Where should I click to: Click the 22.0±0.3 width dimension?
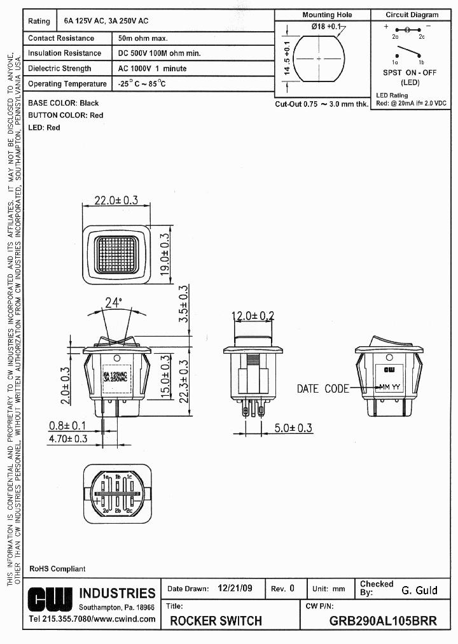coord(116,200)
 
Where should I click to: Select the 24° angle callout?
coord(113,303)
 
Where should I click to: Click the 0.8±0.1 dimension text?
coord(67,425)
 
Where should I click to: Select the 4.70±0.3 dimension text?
coord(68,438)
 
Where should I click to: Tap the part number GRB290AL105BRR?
coord(383,621)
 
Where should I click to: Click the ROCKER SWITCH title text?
coord(216,621)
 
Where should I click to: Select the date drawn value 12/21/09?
coord(235,589)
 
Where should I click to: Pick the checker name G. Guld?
coord(419,591)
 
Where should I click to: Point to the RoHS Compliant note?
coord(57,569)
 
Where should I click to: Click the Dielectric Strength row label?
coord(60,69)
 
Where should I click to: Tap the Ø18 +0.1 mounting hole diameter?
coord(326,27)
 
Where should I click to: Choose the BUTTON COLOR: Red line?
coord(66,115)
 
